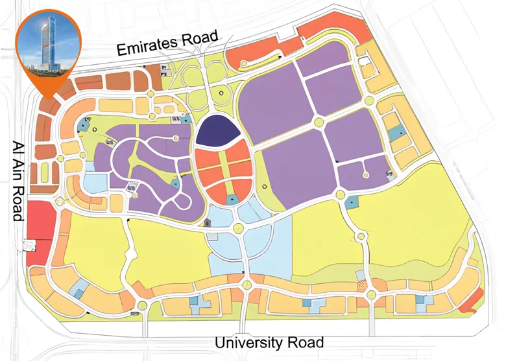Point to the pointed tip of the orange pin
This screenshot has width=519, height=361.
coord(47,97)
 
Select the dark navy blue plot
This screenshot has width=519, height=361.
coord(217,130)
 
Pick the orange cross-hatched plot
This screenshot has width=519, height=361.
coord(361,284)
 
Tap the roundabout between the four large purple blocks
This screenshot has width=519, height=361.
coord(318,122)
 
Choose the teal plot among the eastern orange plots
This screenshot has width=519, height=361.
coord(395,134)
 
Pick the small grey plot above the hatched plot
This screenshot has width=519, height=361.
coord(361,275)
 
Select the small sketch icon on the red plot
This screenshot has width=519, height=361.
coord(28,244)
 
